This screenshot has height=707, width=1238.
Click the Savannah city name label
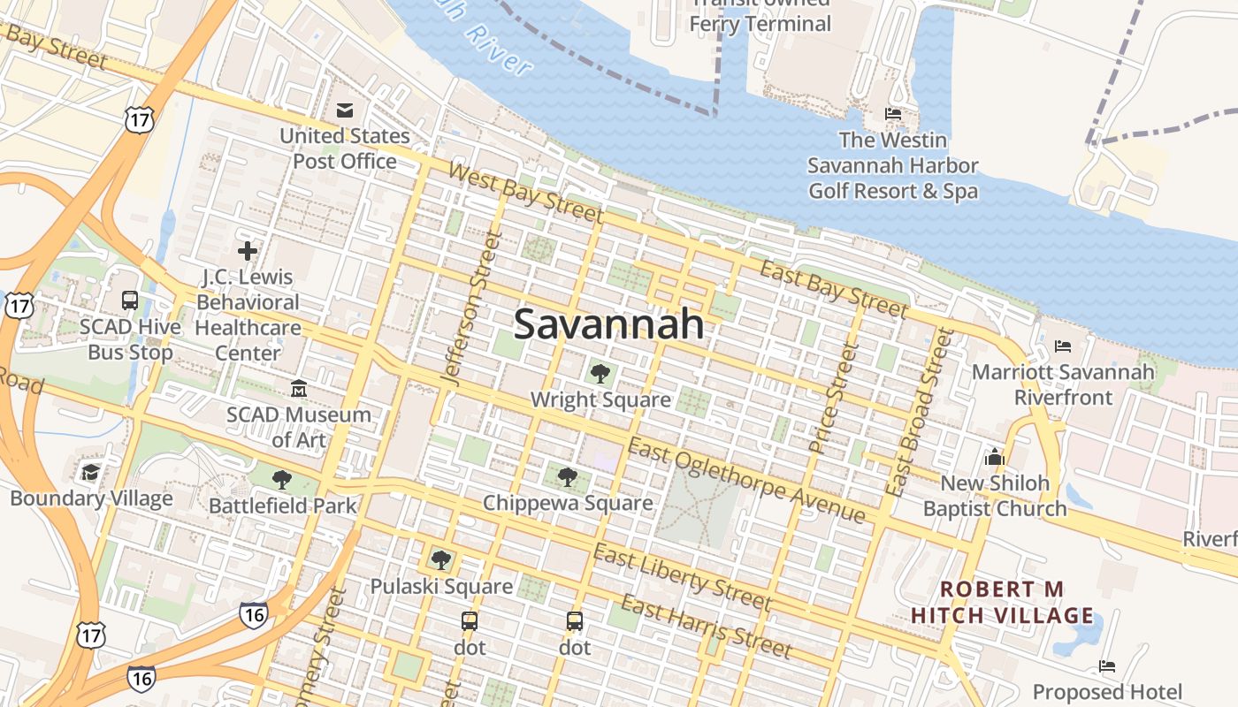click(x=609, y=324)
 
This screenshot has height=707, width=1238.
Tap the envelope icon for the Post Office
click(x=345, y=110)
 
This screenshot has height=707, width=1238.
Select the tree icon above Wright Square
click(x=600, y=374)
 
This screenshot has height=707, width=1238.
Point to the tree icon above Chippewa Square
click(x=568, y=477)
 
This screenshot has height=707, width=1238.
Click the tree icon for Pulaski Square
click(x=440, y=559)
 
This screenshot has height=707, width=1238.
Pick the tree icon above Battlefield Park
click(x=282, y=480)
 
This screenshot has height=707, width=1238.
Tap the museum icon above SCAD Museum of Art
click(x=299, y=388)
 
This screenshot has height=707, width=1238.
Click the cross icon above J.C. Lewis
click(x=248, y=251)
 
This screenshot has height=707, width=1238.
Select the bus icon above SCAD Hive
click(x=130, y=300)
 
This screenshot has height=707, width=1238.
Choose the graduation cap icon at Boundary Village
click(x=90, y=472)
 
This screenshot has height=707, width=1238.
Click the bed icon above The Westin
click(x=893, y=114)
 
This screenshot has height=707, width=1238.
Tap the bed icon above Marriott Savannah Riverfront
click(x=1063, y=346)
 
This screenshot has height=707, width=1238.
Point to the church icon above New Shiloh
click(x=995, y=457)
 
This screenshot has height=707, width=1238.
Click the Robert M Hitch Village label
click(x=1002, y=602)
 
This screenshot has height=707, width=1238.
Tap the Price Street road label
click(x=835, y=399)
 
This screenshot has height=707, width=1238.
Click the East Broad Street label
click(x=923, y=411)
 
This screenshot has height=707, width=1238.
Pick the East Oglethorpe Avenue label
click(x=746, y=481)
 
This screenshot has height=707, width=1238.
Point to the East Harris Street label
click(x=706, y=627)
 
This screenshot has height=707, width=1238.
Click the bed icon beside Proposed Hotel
click(x=1107, y=665)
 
